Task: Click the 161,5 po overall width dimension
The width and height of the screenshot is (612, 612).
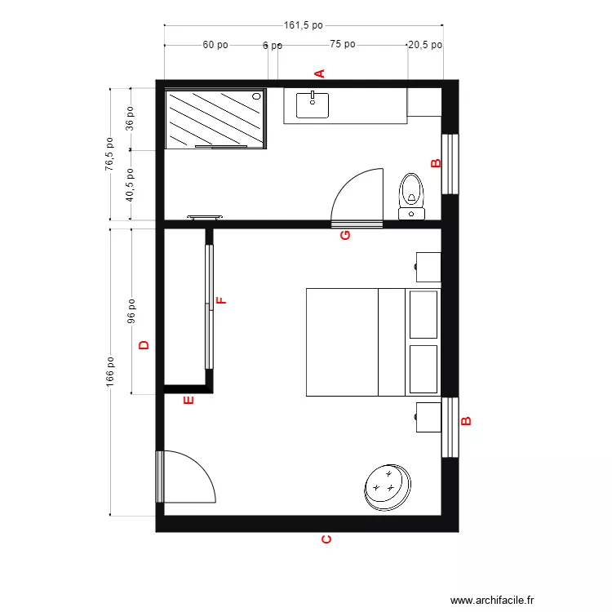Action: point(303,25)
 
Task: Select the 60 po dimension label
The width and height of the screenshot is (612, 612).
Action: point(215,46)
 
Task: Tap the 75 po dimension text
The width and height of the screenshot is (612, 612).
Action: point(343,46)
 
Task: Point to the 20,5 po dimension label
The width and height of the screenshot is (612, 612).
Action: point(424,46)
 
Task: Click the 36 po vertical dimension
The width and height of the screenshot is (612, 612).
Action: point(130,118)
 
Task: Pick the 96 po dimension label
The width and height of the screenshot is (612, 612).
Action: point(131,311)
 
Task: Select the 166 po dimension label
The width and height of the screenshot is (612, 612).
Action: point(110,372)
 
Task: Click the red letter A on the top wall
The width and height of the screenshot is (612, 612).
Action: point(320,73)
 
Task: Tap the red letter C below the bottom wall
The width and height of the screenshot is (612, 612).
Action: point(326,539)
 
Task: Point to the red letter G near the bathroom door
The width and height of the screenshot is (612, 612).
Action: point(345,236)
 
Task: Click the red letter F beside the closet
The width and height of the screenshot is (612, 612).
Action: point(220,300)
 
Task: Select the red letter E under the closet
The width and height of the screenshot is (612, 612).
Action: point(188,401)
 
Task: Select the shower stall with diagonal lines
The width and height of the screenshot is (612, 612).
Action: point(215,119)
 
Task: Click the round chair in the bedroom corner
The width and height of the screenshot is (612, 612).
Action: point(387,486)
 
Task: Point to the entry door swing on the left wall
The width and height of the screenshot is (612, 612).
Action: point(186,477)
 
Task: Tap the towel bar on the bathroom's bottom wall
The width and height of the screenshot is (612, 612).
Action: point(205,217)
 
